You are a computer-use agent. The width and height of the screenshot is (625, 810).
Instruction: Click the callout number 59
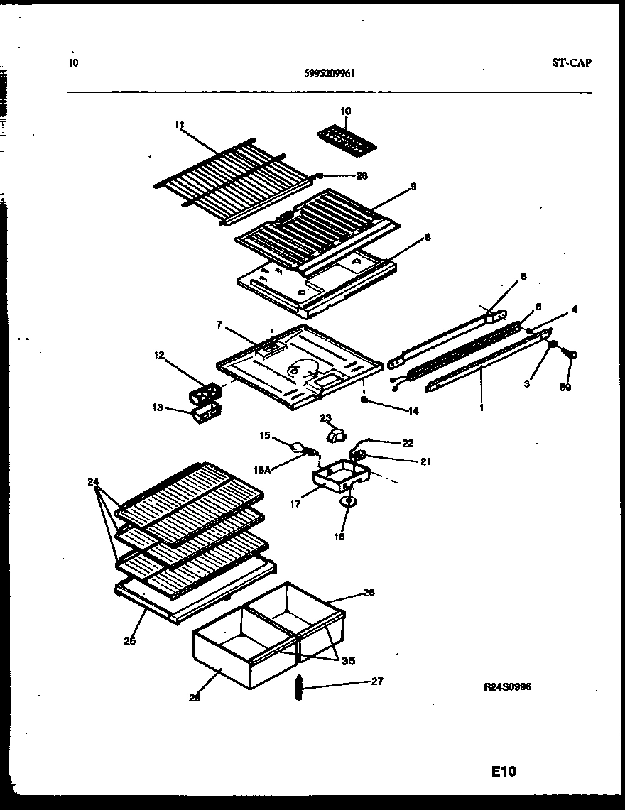(565, 387)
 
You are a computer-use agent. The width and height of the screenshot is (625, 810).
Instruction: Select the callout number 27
(377, 681)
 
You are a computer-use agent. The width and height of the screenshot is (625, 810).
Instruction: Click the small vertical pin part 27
(298, 688)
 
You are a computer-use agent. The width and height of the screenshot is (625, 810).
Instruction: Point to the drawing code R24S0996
(509, 686)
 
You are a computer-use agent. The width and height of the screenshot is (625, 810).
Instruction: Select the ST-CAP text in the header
(571, 62)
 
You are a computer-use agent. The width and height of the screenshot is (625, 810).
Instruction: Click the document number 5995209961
(328, 72)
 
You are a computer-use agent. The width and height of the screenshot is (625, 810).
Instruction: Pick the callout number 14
(413, 410)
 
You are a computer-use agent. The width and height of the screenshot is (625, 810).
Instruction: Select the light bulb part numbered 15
(295, 446)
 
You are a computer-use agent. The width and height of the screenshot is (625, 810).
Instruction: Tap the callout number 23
(326, 419)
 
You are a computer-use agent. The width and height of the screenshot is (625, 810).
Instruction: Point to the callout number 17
(295, 505)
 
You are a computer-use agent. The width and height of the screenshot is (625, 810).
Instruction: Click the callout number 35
(348, 661)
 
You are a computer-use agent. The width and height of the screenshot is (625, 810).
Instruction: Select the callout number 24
(93, 481)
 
